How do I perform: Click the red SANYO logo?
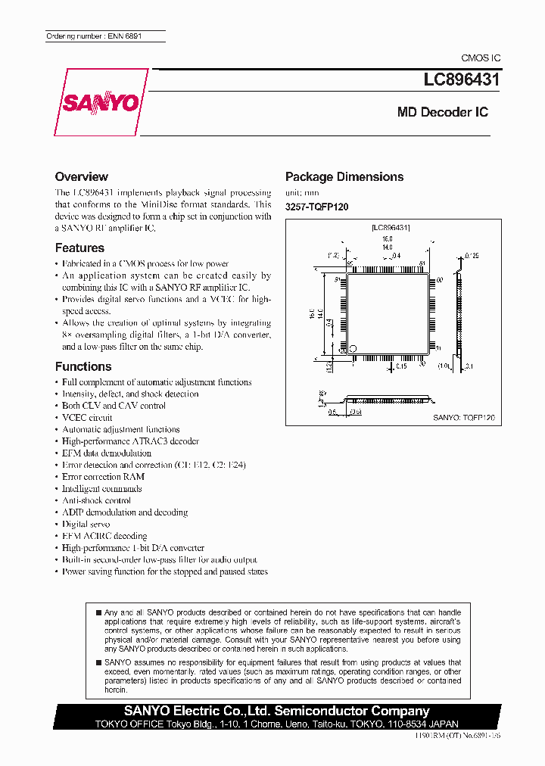[x=98, y=102]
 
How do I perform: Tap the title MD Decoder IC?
[x=443, y=112]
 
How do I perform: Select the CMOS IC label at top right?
[x=481, y=58]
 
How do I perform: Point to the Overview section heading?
[x=82, y=176]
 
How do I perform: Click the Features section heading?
[x=79, y=248]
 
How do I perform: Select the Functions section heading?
[x=83, y=366]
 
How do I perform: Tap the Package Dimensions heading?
[x=344, y=176]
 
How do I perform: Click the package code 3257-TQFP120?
[x=316, y=207]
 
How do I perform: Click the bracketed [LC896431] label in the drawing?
[x=391, y=227]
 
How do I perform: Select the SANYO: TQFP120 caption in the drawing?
[x=463, y=417]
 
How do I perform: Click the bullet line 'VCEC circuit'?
[x=87, y=418]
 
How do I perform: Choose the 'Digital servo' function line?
[x=86, y=524]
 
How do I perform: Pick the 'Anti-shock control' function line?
[x=96, y=500]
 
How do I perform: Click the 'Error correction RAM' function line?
[x=103, y=477]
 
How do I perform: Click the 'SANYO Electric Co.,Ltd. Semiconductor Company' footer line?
[x=276, y=711]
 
